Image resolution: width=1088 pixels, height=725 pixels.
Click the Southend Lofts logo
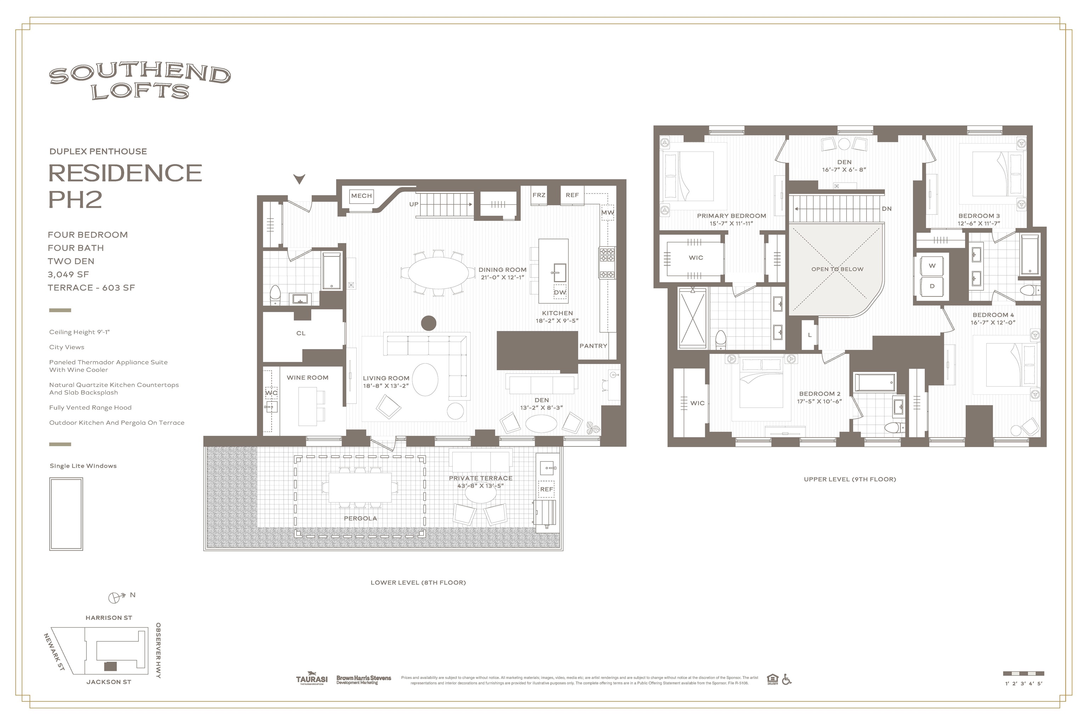140,81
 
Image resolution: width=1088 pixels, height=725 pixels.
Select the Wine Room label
308,378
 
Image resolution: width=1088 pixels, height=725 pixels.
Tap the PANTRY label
593,346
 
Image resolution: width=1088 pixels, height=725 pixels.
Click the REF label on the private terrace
546,489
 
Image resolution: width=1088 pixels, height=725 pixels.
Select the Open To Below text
837,269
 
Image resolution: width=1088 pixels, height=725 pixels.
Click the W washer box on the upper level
932,266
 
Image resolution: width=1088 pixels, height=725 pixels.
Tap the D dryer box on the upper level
932,286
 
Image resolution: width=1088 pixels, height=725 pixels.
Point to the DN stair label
886,209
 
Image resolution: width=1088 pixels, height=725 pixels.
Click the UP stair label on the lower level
414,204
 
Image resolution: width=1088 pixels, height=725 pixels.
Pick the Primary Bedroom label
731,216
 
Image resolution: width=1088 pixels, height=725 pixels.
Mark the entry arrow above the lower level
300,178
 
